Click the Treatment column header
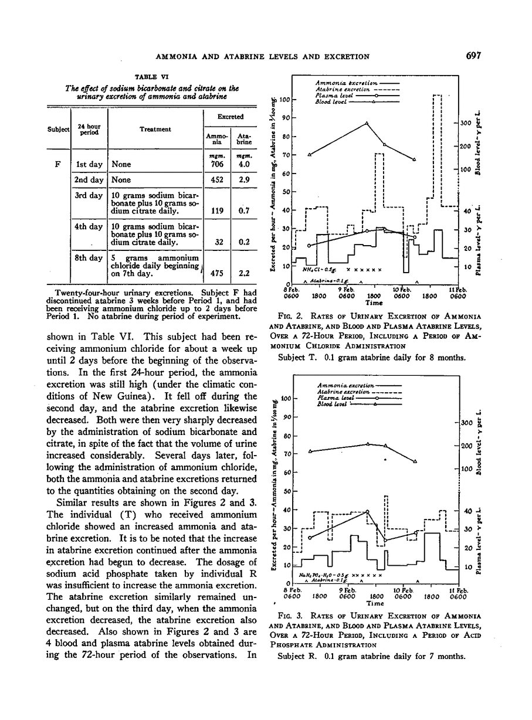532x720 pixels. point(155,130)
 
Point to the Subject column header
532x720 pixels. point(59,130)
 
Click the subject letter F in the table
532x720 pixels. point(59,164)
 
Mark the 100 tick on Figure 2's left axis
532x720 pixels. point(285,100)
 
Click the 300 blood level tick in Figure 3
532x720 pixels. point(466,423)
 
